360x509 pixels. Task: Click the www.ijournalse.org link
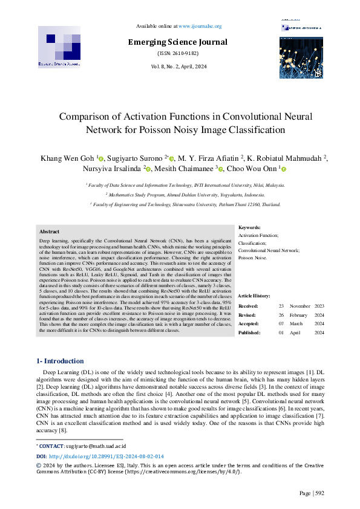click(200, 26)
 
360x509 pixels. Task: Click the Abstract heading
click(49, 232)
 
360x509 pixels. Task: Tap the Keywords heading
click(249, 227)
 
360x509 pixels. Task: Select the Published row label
click(249, 332)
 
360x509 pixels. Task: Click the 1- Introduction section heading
click(62, 361)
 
